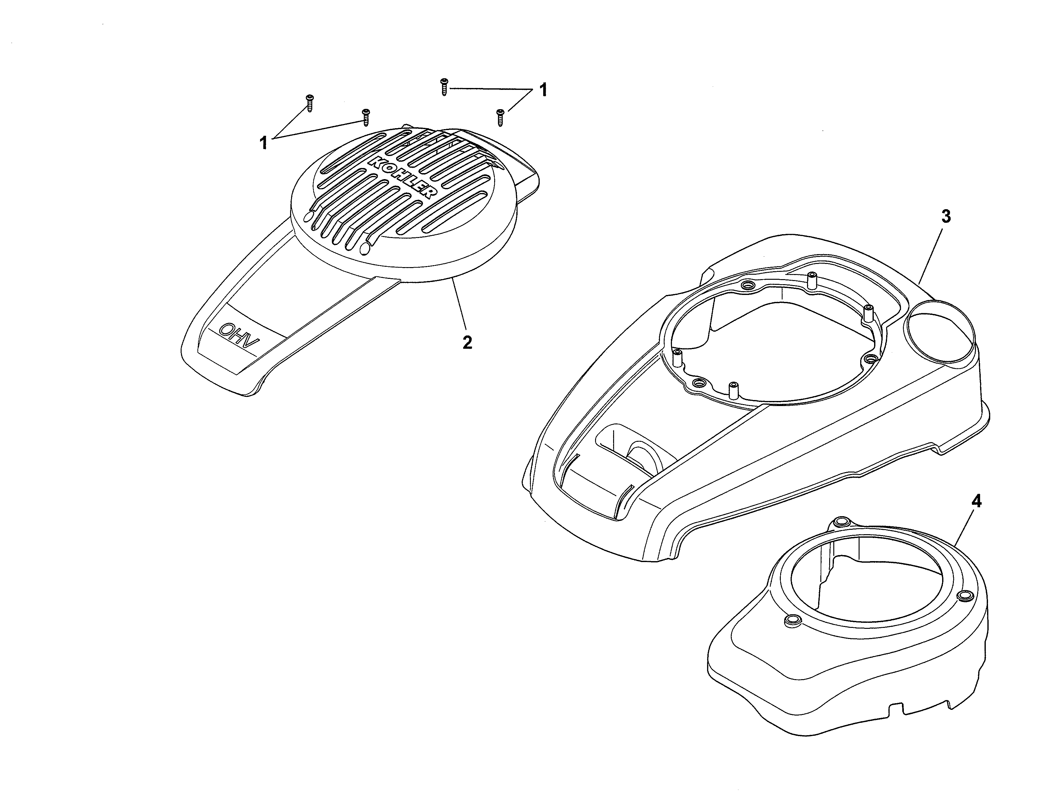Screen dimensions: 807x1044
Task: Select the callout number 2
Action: click(x=467, y=342)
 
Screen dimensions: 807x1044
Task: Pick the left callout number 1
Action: click(x=264, y=142)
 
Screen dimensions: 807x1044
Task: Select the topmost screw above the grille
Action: click(x=444, y=87)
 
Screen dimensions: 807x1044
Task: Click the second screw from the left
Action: click(x=366, y=117)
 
